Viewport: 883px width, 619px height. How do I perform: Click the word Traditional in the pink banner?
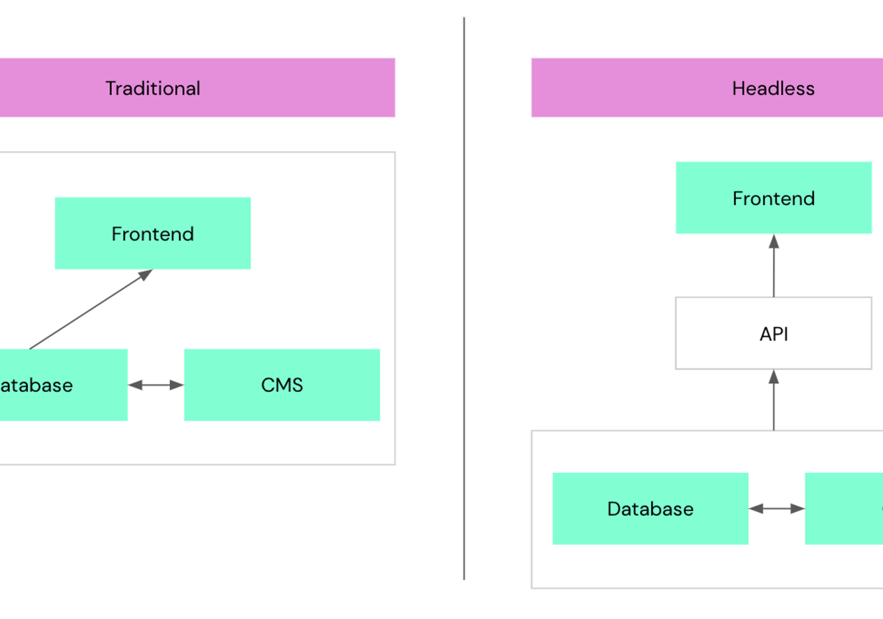[x=153, y=88]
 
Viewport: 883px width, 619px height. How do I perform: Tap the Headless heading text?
[x=773, y=88]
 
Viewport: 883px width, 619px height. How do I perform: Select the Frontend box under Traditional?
[x=153, y=233]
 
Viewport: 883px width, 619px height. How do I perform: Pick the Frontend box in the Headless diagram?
[x=773, y=198]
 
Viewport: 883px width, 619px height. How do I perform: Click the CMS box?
[x=282, y=385]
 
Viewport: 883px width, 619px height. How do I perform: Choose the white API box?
[x=773, y=333]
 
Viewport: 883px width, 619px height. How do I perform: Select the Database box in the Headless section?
[x=650, y=509]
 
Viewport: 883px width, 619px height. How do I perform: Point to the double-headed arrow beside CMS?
[x=156, y=385]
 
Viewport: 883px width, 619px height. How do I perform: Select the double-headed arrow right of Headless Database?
[x=777, y=509]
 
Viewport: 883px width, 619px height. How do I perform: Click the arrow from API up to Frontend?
[x=774, y=269]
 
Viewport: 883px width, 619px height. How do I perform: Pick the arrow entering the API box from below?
[x=774, y=403]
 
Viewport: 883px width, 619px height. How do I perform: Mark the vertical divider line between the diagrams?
[x=464, y=297]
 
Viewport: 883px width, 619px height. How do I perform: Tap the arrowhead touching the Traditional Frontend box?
[x=146, y=275]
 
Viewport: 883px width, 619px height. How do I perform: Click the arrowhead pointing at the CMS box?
[x=177, y=385]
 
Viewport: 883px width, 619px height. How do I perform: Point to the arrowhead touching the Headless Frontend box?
[x=774, y=241]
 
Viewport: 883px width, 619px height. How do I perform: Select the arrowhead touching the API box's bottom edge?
[x=774, y=376]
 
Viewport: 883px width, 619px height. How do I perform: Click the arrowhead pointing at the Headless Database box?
[x=755, y=509]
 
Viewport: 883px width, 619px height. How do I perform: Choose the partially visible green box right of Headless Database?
[x=844, y=509]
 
